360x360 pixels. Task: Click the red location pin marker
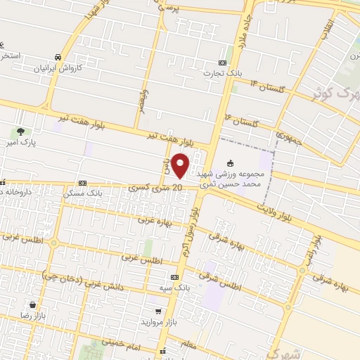click(x=181, y=165)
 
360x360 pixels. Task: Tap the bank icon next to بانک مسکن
click(x=82, y=181)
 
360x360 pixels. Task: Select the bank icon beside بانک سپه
click(x=174, y=278)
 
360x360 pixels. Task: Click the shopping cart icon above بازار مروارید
click(x=159, y=310)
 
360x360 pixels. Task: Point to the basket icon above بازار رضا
click(x=32, y=305)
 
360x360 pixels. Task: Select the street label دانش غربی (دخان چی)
click(x=75, y=278)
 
